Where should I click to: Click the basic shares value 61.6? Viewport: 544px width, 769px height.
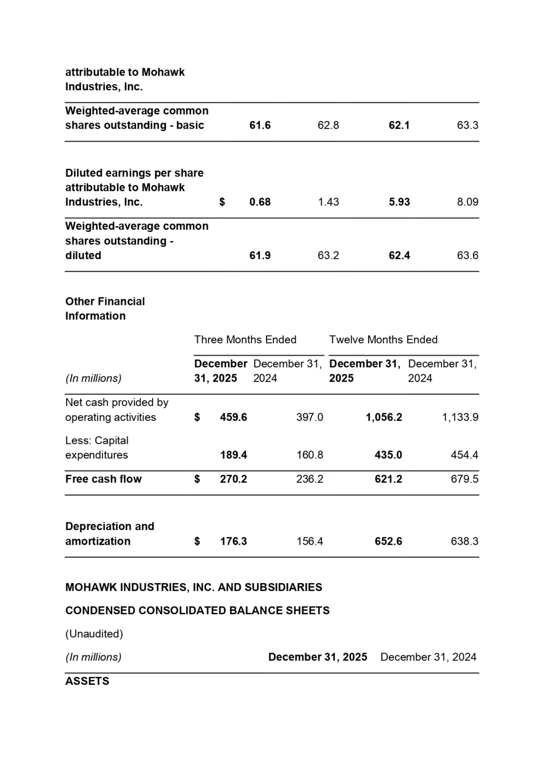click(260, 125)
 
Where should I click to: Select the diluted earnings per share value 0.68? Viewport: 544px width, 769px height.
click(260, 202)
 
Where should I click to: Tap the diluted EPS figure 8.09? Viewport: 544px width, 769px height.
click(467, 202)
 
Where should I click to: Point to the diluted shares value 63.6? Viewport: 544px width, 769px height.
click(467, 255)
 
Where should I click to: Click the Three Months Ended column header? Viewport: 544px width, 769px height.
click(245, 340)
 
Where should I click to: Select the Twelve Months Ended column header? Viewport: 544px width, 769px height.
click(383, 340)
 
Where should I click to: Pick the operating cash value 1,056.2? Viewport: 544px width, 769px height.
click(384, 417)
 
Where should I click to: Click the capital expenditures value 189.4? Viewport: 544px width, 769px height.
click(233, 455)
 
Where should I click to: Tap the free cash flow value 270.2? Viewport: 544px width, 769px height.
click(233, 479)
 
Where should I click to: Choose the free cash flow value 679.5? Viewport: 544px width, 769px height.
click(464, 479)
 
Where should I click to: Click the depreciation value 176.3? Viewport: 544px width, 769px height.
click(233, 541)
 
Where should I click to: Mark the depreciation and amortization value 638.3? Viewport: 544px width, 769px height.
click(464, 541)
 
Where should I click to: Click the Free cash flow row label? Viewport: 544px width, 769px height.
click(103, 479)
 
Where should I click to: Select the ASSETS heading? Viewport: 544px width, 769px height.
click(87, 681)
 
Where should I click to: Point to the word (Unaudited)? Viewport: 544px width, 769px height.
click(94, 634)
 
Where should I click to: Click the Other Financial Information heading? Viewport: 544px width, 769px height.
click(105, 308)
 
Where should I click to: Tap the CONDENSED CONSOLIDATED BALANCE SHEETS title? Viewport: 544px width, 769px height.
click(197, 611)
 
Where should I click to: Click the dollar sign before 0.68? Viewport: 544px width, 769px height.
click(222, 202)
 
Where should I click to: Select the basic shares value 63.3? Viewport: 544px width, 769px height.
click(467, 125)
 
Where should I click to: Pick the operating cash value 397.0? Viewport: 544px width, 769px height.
click(310, 417)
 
